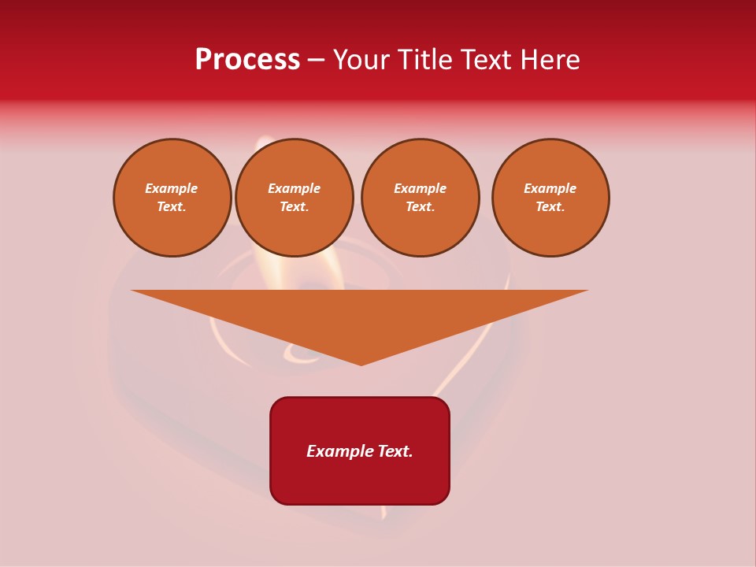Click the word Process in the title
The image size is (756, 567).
tap(247, 60)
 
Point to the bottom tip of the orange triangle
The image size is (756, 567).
tap(361, 364)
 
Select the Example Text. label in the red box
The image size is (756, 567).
tap(360, 451)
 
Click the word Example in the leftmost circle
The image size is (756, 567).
tap(172, 188)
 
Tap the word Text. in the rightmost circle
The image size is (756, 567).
tap(550, 206)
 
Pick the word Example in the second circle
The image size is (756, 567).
tap(294, 188)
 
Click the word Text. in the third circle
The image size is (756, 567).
tap(420, 206)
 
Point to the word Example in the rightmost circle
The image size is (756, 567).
tap(550, 188)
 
